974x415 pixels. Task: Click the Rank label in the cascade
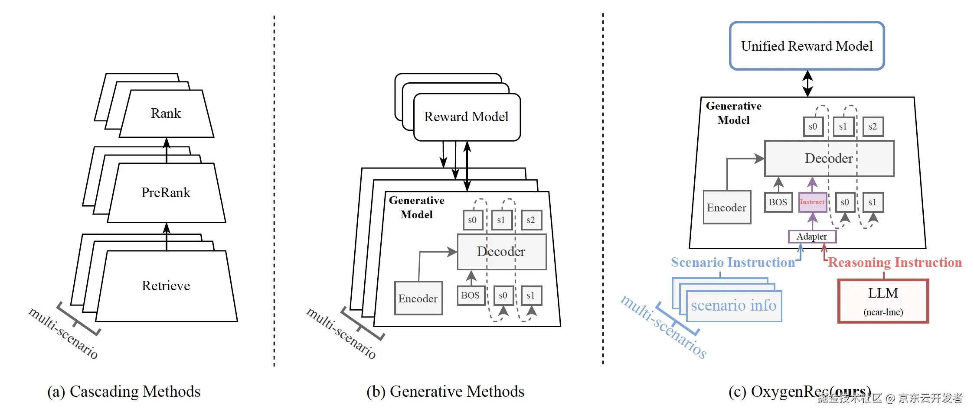pos(166,113)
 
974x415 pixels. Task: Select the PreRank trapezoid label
pos(166,192)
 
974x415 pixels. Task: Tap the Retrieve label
pos(166,286)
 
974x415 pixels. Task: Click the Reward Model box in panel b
pos(466,117)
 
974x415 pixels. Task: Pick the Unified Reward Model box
pos(807,46)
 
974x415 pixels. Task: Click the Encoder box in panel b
pos(418,298)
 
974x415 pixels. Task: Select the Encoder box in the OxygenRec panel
pos(727,207)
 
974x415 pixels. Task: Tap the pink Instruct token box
pos(812,202)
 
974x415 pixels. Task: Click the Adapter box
pos(812,237)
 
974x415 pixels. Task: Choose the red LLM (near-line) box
pos(883,301)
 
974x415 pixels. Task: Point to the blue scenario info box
pos(734,306)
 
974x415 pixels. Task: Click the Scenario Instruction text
pos(732,263)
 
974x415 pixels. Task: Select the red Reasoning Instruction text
pos(895,263)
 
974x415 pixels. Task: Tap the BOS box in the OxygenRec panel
pos(778,202)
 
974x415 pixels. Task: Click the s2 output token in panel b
pos(531,220)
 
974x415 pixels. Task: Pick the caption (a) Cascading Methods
pos(124,392)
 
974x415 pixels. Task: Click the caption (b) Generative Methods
pos(445,392)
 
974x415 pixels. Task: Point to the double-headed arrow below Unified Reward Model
pos(807,83)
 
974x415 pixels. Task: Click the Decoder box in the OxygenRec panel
pos(829,159)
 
